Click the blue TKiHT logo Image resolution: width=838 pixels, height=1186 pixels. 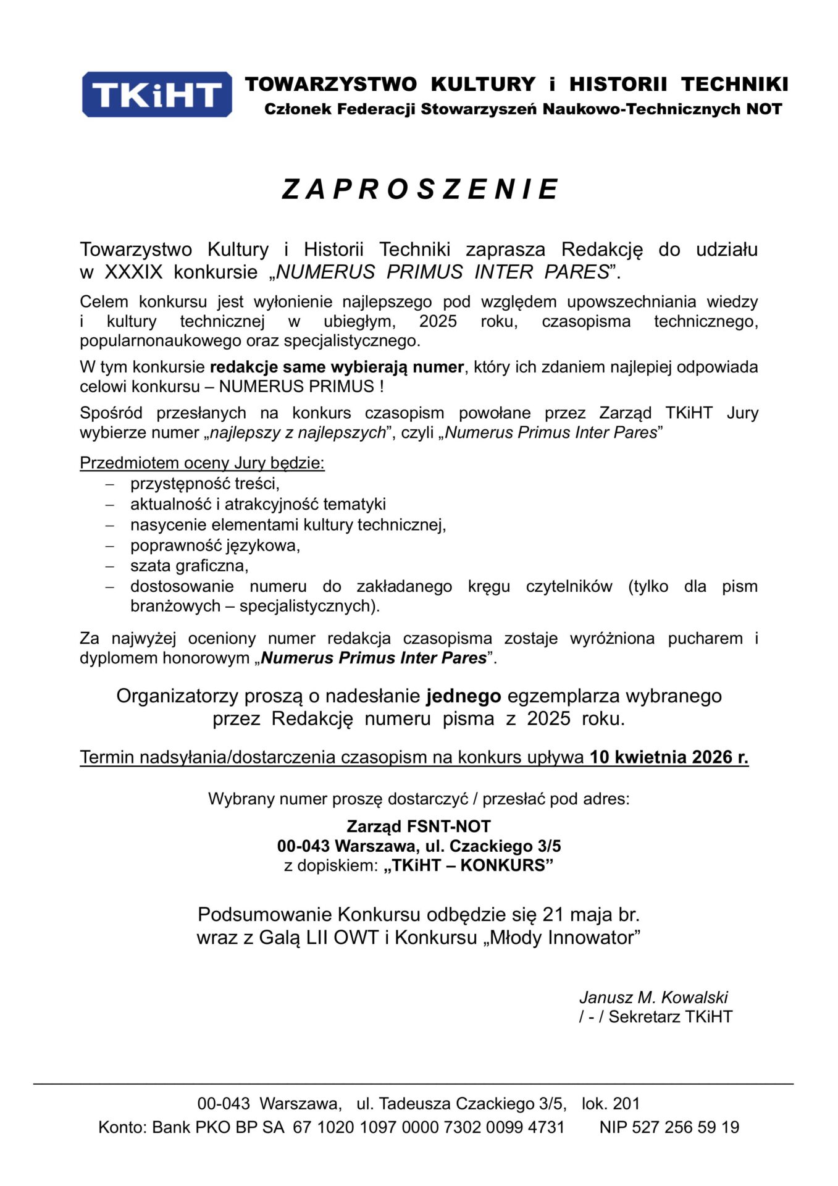click(x=157, y=95)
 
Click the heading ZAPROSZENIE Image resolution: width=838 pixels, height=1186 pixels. click(x=420, y=189)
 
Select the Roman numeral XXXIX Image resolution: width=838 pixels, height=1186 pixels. click(x=133, y=272)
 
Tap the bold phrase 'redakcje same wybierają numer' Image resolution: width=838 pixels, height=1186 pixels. click(x=337, y=367)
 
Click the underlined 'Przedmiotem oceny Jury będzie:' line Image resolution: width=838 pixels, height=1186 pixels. click(x=202, y=463)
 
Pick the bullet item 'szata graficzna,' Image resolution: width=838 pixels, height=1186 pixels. click(x=189, y=565)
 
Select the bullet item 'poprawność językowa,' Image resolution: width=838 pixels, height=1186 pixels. click(x=215, y=545)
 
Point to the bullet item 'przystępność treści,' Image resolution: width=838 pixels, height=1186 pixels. click(x=205, y=483)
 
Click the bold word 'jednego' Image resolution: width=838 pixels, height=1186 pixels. click(x=464, y=696)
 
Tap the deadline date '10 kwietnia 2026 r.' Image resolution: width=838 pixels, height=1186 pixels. click(x=669, y=757)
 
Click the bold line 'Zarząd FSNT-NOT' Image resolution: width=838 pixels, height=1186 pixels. click(x=419, y=826)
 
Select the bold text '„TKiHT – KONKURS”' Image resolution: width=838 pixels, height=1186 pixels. click(x=469, y=865)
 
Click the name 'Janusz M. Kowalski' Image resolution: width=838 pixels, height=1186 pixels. click(x=653, y=998)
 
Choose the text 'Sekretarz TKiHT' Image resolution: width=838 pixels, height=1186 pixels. click(x=670, y=1017)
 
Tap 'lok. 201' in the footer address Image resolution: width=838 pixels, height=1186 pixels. click(x=611, y=1104)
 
